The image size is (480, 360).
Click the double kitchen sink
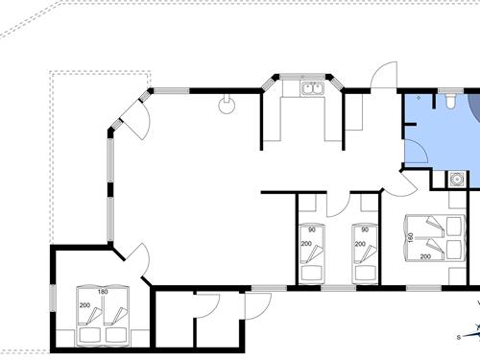click(311, 89)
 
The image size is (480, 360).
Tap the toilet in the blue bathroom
click(448, 99)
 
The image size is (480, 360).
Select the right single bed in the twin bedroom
click(365, 252)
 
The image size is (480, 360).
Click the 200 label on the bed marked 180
click(84, 304)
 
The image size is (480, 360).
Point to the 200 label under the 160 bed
click(424, 258)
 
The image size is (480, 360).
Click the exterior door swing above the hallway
click(385, 77)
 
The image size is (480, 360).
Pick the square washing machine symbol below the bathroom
click(458, 179)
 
